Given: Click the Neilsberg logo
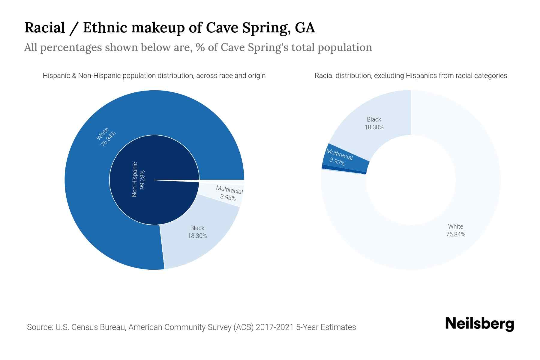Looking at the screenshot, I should point(479,324).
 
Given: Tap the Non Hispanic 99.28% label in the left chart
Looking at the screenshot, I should point(138,179).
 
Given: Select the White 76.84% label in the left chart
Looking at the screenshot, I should point(106,137).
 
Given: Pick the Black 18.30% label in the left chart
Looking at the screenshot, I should point(197,232).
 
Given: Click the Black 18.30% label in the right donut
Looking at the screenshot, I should point(374,123).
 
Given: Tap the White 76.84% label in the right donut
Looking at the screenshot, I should point(455,230).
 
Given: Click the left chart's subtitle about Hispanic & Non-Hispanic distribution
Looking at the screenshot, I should point(154,76).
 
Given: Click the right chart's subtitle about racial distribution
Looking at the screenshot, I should point(410,76).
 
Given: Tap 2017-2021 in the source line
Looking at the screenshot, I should point(274,327).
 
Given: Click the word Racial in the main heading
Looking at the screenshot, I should point(44,28).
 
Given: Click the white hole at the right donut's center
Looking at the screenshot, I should point(410,180).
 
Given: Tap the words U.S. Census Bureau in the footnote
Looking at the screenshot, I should point(90,327).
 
